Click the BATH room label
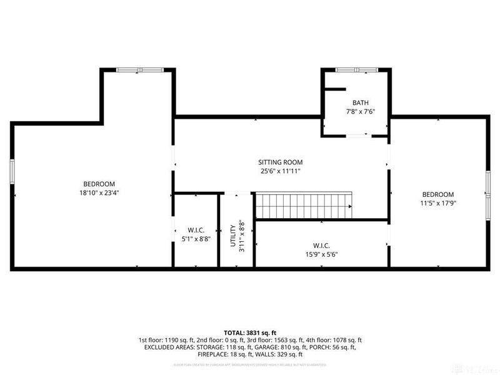tap(361, 102)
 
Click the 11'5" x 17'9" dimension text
tap(437, 204)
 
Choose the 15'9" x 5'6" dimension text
tap(322, 254)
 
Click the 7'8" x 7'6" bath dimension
tap(361, 112)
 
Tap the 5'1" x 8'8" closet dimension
tap(196, 239)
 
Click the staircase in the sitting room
tap(304, 206)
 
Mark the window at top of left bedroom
tap(140, 69)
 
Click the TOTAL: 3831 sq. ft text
tap(250, 332)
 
